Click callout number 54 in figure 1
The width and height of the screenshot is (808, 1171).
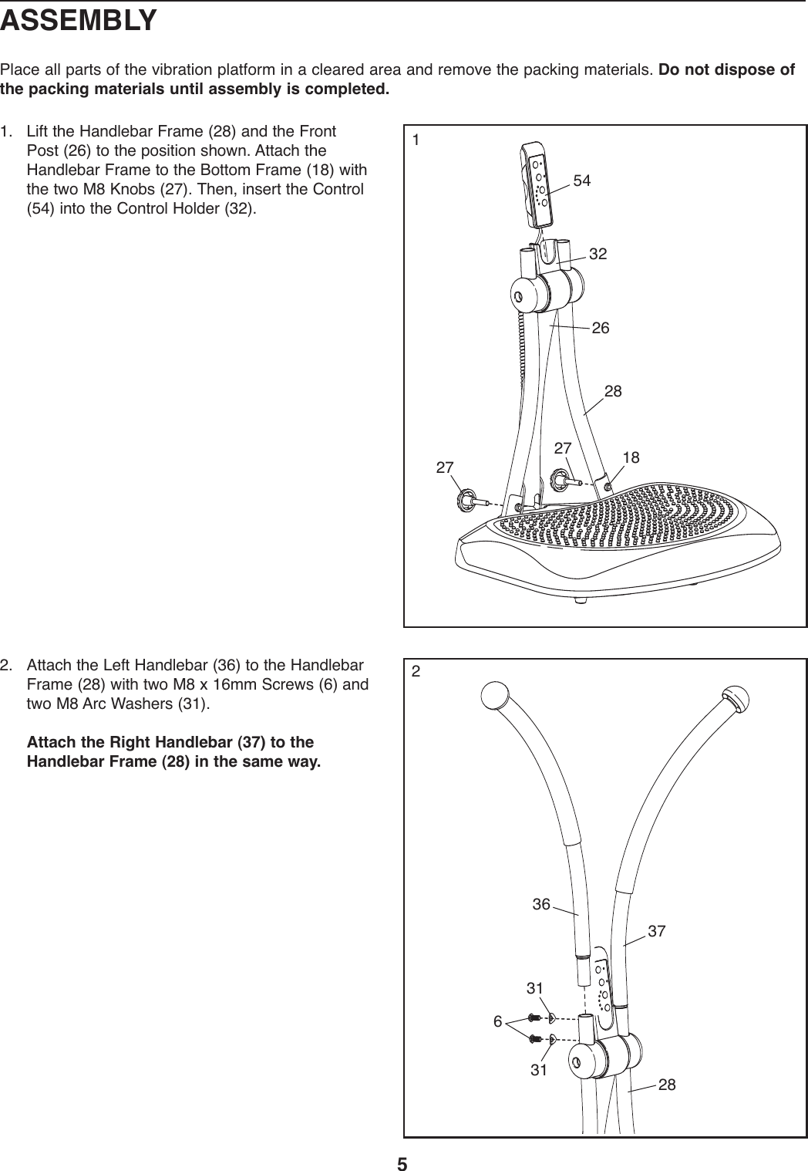(x=582, y=181)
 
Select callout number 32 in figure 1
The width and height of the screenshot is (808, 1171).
(x=598, y=253)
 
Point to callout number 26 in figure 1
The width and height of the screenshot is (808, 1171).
(x=601, y=329)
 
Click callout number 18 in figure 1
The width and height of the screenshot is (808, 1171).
(x=631, y=457)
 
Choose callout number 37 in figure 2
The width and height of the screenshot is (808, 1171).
(x=656, y=931)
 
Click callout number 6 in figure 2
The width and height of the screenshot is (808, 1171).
(x=498, y=1022)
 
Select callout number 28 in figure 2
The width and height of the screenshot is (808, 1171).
(x=667, y=1085)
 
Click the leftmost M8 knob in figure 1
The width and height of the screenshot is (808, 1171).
(x=466, y=499)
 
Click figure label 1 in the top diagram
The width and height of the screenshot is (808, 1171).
(x=416, y=140)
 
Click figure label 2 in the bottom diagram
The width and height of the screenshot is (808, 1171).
(x=416, y=671)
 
